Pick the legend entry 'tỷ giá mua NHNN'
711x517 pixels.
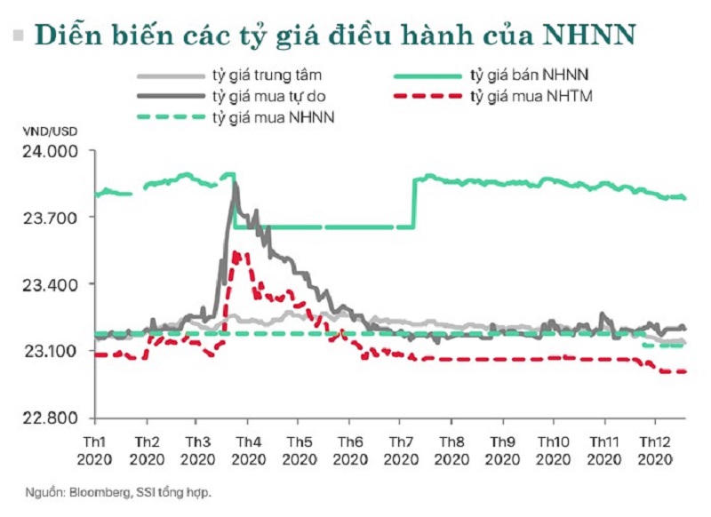click(272, 115)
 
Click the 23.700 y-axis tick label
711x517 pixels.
click(48, 218)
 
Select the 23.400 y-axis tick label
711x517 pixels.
click(48, 284)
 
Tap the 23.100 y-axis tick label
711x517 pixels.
click(48, 351)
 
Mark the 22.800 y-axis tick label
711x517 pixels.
click(48, 418)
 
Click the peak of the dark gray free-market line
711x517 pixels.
click(235, 183)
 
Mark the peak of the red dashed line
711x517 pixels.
click(236, 253)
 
